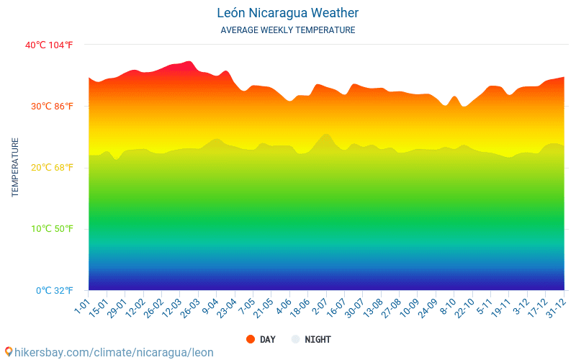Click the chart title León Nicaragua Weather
coord(287,13)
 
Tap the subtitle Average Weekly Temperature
coord(287,30)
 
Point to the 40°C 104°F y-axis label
coord(49,45)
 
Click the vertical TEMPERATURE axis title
coord(15,168)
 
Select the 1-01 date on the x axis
coord(81,307)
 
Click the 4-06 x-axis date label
coord(283,307)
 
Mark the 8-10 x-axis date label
coord(448,307)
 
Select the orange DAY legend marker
coord(251,339)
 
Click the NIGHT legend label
coord(318,339)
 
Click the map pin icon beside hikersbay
coord(9,352)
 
